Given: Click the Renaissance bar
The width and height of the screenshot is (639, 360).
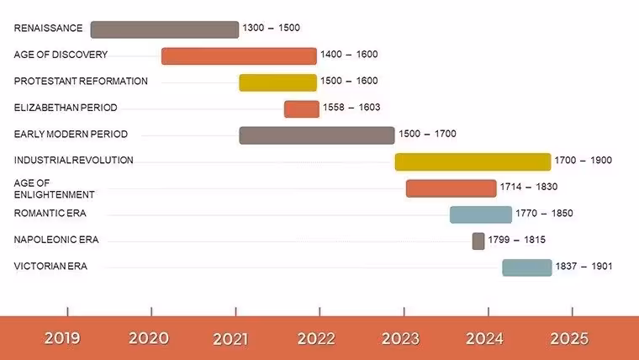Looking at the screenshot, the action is coord(165,29).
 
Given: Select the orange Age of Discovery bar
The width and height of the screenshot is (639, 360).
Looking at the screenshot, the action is coord(239,56).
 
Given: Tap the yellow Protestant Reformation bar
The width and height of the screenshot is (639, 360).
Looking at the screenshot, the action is coord(278,82).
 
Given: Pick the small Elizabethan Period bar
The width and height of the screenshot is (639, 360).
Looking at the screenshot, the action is coord(302,109).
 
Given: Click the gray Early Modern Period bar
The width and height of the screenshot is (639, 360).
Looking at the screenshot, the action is coord(317,135).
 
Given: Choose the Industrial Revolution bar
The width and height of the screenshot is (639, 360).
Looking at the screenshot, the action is coord(473,161).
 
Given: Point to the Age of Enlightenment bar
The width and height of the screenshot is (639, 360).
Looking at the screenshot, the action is coord(452,188).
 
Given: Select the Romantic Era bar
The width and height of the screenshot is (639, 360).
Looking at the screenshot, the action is coord(481,214).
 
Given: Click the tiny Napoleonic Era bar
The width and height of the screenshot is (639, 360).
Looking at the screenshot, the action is coord(478,241).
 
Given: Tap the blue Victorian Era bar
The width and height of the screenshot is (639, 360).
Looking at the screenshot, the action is coord(527,267).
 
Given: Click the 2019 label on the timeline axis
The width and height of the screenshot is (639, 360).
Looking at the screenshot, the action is coord(62,338).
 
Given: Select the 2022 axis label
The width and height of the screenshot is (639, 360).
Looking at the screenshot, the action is coord(316,338).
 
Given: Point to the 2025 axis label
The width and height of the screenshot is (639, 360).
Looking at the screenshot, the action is coord(569,338).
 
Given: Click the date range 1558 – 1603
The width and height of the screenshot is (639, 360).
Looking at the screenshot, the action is coord(351,107).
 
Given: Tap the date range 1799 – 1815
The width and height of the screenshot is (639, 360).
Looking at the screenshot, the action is coord(517,240).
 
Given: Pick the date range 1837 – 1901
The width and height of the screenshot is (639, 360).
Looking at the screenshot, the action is coord(584,267).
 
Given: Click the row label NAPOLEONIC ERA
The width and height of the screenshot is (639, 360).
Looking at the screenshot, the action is coord(56,240).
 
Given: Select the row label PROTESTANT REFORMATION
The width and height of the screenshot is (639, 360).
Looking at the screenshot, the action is coord(81,81).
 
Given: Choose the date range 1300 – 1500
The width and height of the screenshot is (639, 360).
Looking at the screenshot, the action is coord(272,28).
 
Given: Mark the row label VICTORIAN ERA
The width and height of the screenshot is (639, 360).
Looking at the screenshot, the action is coord(50,267).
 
